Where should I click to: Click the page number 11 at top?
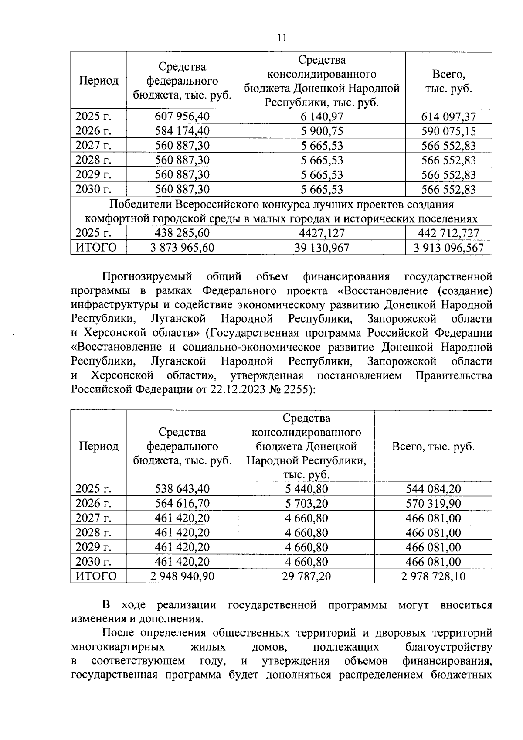(282, 38)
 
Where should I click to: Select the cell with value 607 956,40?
(182, 116)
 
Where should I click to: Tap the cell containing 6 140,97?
(322, 116)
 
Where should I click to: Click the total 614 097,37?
(448, 116)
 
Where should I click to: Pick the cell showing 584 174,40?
(182, 131)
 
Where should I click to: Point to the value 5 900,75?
(322, 131)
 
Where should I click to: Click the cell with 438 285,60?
(182, 233)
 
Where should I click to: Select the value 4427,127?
(322, 233)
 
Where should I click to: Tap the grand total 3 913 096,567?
(448, 248)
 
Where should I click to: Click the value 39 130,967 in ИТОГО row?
(322, 248)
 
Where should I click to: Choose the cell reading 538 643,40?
(182, 489)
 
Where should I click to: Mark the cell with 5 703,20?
(306, 504)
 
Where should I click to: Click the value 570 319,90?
(433, 504)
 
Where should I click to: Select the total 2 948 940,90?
(182, 576)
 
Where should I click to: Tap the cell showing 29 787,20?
(306, 576)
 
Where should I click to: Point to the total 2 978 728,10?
(433, 576)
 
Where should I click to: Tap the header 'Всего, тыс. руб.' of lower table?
(433, 447)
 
